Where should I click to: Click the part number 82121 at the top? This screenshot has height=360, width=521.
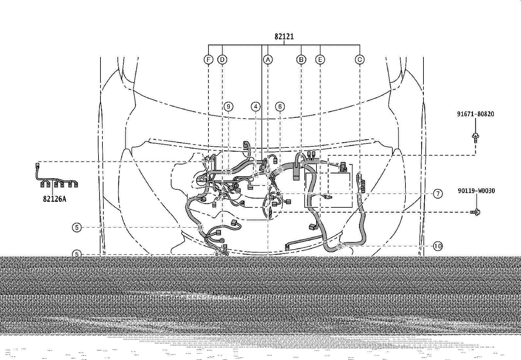[x=284, y=37]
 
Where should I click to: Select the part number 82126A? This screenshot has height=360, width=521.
[x=55, y=199]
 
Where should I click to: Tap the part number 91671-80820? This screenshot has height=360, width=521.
[x=476, y=114]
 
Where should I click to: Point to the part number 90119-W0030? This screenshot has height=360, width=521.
[x=476, y=191]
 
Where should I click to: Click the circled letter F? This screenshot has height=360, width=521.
[x=208, y=60]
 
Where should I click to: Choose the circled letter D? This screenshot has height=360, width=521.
[x=222, y=60]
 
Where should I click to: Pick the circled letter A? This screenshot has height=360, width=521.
[x=268, y=60]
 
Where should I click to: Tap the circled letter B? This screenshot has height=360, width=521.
[x=301, y=60]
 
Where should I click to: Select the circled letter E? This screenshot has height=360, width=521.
[x=320, y=60]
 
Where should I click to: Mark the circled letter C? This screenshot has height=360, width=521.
[x=360, y=60]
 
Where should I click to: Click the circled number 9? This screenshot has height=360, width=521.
[x=228, y=107]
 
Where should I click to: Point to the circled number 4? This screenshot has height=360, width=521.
[x=256, y=107]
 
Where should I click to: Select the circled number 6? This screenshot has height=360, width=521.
[x=280, y=107]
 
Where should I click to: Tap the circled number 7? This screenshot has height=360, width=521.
[x=438, y=194]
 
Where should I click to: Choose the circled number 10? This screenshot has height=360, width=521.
[x=438, y=246]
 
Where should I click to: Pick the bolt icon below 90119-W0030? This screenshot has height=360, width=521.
[x=475, y=212]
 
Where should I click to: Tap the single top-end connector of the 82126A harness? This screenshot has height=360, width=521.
[x=37, y=165]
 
